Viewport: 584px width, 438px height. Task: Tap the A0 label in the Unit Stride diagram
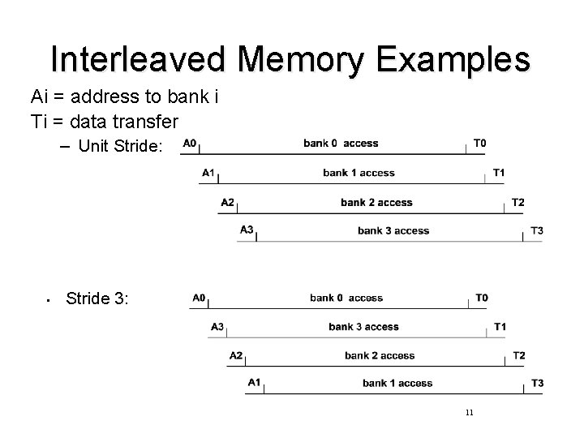[191, 144]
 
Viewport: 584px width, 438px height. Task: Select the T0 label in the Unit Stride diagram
[479, 144]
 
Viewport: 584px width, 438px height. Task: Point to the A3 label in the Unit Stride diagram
[247, 230]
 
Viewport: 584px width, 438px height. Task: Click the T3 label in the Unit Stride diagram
[537, 231]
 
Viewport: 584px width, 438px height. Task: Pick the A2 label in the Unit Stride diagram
[227, 202]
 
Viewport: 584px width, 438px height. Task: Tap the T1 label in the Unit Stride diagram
[499, 173]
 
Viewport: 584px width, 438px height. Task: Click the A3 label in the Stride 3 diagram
[217, 327]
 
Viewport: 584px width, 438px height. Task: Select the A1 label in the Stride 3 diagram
[255, 383]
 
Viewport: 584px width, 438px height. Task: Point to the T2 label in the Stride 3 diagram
[519, 355]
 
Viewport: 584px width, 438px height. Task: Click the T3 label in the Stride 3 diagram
[537, 383]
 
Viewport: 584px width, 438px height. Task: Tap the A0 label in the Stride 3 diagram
[199, 298]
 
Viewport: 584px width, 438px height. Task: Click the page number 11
[470, 413]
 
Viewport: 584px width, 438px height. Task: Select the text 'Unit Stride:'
[121, 147]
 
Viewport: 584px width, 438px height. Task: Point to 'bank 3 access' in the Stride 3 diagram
[363, 327]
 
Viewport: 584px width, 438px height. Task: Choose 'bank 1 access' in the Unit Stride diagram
[359, 173]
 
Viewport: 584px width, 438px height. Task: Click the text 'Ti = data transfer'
[105, 120]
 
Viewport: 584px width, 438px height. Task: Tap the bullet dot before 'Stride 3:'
[49, 301]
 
